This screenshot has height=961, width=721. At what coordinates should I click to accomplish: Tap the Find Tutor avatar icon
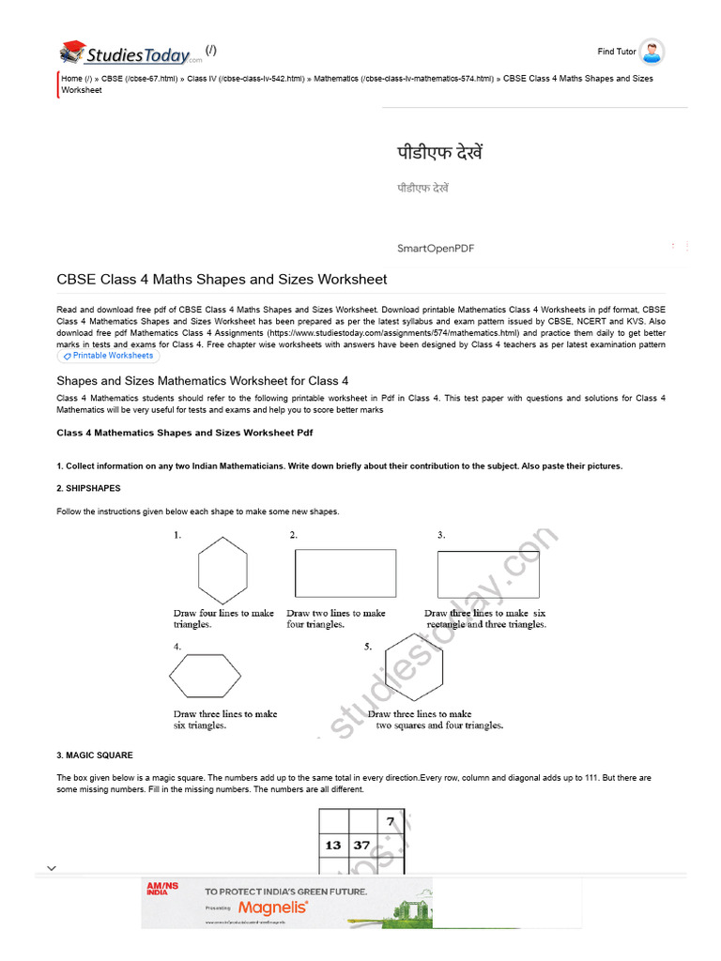point(652,52)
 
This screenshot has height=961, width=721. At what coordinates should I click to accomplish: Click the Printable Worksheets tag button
point(108,356)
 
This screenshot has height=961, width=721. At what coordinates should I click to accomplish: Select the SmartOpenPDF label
point(436,248)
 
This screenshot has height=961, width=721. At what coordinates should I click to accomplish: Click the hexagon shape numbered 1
point(223,570)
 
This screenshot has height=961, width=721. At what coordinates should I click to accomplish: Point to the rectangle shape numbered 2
point(345,573)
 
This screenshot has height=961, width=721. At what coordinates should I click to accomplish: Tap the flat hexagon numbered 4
point(206,676)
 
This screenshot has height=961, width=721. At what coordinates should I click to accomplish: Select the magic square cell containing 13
point(333,845)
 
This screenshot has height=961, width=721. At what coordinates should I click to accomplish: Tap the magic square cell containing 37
point(362,845)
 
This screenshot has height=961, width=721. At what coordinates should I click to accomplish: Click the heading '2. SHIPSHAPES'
point(88,488)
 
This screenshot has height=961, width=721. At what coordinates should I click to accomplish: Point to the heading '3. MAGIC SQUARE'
point(95,755)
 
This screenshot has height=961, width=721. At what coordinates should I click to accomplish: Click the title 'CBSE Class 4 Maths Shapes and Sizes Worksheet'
point(222,279)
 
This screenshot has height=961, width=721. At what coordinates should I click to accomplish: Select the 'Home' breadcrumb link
point(71,79)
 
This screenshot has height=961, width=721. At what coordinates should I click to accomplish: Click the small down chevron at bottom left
point(52,868)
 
